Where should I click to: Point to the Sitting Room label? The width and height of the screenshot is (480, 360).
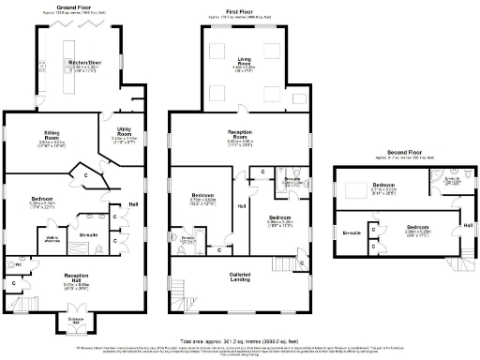point(52,139)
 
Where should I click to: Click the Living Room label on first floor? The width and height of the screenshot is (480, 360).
point(244,65)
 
